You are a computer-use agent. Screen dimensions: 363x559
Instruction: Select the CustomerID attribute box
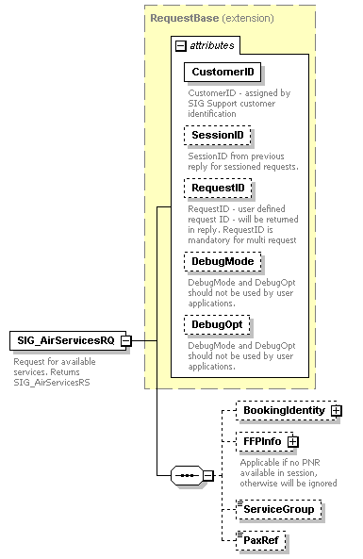tap(223, 72)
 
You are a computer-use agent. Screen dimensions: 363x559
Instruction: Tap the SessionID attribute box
tap(218, 136)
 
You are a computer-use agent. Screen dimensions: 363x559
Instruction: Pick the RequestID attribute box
tap(218, 189)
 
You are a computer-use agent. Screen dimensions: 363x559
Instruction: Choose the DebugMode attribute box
tap(223, 261)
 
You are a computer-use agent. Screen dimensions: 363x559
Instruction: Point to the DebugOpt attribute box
tap(218, 324)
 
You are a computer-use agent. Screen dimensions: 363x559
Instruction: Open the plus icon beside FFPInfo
tap(293, 441)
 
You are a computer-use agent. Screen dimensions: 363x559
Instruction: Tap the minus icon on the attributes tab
tap(181, 45)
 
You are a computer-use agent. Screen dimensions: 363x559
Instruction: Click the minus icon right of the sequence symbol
tap(208, 475)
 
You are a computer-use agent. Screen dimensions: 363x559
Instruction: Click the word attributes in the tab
tap(211, 45)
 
